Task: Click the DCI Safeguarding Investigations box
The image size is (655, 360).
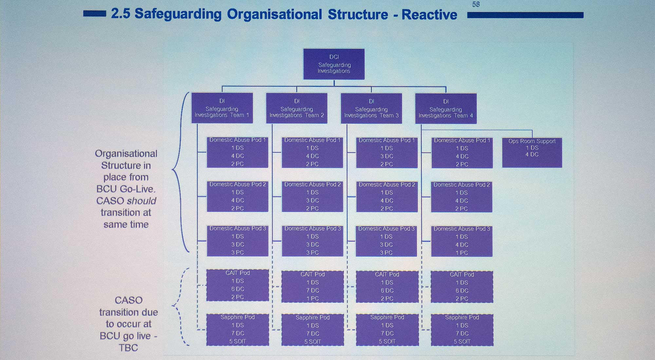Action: (x=334, y=64)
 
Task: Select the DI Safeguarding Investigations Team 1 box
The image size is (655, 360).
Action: (x=222, y=108)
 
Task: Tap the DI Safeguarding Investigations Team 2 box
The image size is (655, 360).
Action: (x=297, y=108)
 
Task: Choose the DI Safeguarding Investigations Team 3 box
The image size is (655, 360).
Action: (x=371, y=108)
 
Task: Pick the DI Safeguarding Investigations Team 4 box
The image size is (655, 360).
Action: (x=446, y=109)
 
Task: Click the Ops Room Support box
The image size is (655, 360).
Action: (x=532, y=153)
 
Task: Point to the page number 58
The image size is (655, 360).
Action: (x=476, y=5)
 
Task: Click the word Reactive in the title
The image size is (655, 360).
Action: (x=429, y=15)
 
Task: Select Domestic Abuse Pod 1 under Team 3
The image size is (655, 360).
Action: (x=386, y=153)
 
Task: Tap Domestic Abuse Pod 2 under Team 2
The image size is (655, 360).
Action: (x=312, y=197)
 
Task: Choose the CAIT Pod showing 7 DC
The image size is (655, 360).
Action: (x=312, y=287)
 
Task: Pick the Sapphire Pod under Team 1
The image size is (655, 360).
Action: (x=237, y=330)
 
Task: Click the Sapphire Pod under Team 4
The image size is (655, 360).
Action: (x=462, y=330)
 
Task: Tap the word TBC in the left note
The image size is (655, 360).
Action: (x=128, y=348)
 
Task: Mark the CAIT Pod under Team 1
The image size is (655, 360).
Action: (x=237, y=285)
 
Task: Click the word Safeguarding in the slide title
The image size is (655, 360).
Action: (x=178, y=14)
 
